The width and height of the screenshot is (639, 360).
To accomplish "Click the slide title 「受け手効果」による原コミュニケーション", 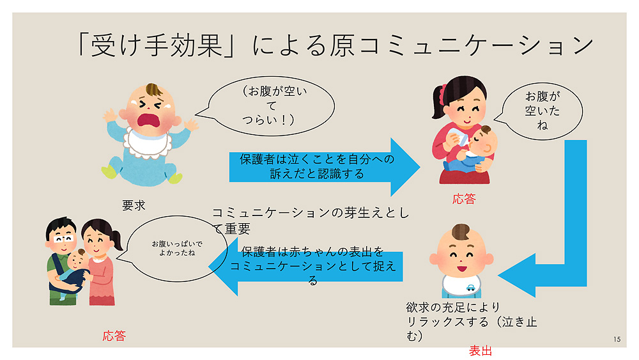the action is (x=335, y=45).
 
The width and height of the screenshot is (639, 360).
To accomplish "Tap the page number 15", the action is (x=617, y=339).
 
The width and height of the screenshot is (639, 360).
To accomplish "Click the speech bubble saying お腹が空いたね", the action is (x=540, y=111).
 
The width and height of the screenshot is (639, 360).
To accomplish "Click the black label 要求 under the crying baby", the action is (x=134, y=205).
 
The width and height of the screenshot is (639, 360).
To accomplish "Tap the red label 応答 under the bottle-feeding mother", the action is (x=464, y=199).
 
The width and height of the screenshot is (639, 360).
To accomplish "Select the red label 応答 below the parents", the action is (x=114, y=336).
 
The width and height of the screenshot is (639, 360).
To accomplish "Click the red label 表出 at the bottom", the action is (x=481, y=350).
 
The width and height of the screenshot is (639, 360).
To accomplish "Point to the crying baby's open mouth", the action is (x=150, y=120).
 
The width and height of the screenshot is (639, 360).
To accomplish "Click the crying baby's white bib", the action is (x=148, y=142).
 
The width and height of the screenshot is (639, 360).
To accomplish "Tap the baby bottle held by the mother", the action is (x=457, y=136).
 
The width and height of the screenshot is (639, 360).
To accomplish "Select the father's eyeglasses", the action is (x=63, y=239).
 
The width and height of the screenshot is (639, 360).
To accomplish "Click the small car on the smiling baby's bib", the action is (x=470, y=288).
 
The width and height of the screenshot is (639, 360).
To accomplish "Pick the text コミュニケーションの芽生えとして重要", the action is (x=311, y=220).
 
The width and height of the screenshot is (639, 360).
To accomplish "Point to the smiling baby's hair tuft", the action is (x=461, y=231).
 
